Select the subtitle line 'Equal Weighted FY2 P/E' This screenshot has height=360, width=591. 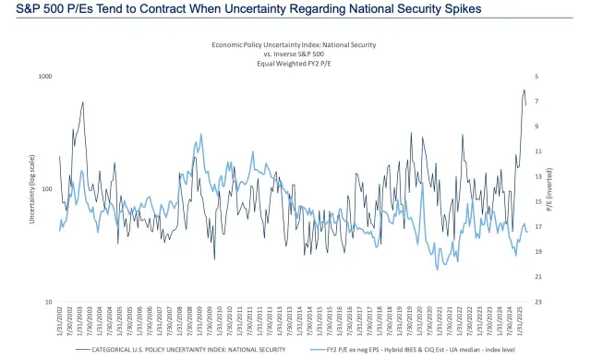pos(294,64)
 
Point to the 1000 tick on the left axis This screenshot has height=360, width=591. pos(42,76)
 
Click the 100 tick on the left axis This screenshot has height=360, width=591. pos(44,189)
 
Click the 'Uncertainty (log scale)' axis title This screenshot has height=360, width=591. pos(30,189)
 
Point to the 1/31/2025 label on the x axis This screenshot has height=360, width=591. pos(519,323)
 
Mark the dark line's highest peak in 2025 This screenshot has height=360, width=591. pos(524,90)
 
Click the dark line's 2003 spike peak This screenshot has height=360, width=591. pos(83,102)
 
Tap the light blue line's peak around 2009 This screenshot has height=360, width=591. pos(199,135)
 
